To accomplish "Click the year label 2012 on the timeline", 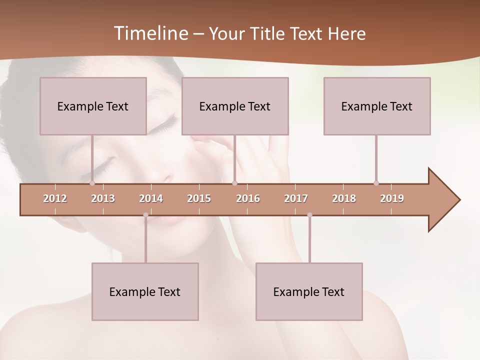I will coord(55,198).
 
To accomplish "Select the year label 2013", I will coord(103,198).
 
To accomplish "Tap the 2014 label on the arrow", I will coord(151,198).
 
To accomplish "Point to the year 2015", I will coord(199,198).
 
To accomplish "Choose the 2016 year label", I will coord(248,198).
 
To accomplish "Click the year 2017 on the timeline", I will coord(296,198).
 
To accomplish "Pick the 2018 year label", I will coord(344,198).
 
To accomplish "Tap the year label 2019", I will coord(392,198).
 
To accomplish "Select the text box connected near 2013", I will coord(93,106).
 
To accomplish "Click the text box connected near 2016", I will coord(235,106).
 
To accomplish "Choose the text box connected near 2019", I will coord(377,106).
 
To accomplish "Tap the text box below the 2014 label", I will coord(145,291).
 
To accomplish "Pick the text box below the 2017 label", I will coord(309,291).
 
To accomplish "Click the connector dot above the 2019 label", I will coord(376,183).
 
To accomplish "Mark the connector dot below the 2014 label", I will coord(145,215).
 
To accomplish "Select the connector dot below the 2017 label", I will coord(309,215).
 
